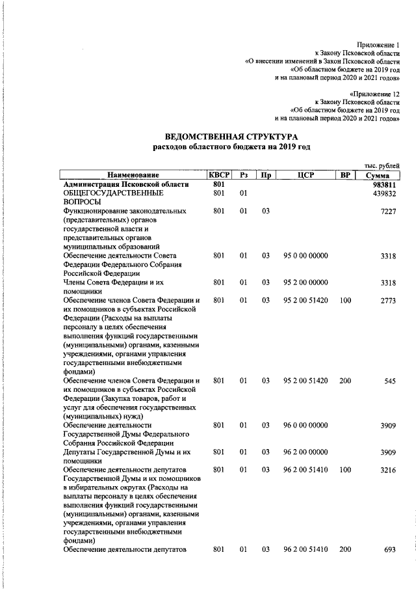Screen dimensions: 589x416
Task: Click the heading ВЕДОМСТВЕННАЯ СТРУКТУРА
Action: tap(231, 137)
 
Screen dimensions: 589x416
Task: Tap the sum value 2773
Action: tap(387, 300)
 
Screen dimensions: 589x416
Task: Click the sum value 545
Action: tap(389, 381)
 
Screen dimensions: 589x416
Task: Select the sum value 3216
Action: tap(387, 469)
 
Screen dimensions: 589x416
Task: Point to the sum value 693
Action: tap(389, 550)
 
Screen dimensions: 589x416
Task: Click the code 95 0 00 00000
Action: tap(305, 256)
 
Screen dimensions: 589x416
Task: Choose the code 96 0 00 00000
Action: tap(305, 425)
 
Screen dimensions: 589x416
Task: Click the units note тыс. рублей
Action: tap(382, 166)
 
